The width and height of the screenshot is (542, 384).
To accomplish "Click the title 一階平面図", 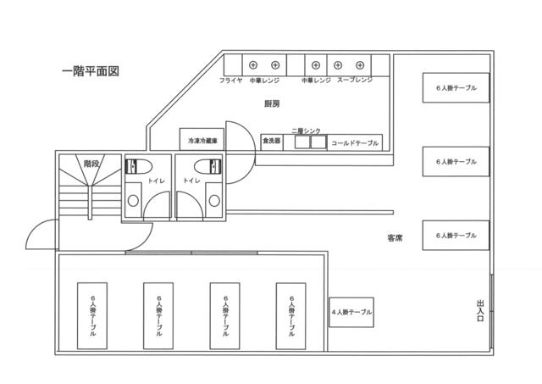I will (91, 71).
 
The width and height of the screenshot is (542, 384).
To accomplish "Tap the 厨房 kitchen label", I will (272, 103).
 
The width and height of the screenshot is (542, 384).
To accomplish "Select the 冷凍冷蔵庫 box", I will (203, 140).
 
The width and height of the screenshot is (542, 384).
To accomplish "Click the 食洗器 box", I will (271, 141).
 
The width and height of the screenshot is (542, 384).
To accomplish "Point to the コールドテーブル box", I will (354, 142).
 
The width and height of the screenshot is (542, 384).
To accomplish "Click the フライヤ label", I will (231, 81).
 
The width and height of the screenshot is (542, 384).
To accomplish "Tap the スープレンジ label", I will (355, 81).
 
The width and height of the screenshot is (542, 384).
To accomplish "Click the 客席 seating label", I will (394, 239).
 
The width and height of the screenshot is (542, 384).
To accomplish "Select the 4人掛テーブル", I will (351, 313).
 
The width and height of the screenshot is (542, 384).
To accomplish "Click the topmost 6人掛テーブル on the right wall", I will (456, 88).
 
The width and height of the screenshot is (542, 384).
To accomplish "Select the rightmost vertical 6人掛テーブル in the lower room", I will (292, 315).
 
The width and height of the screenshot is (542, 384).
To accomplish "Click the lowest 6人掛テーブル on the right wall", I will (456, 235).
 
